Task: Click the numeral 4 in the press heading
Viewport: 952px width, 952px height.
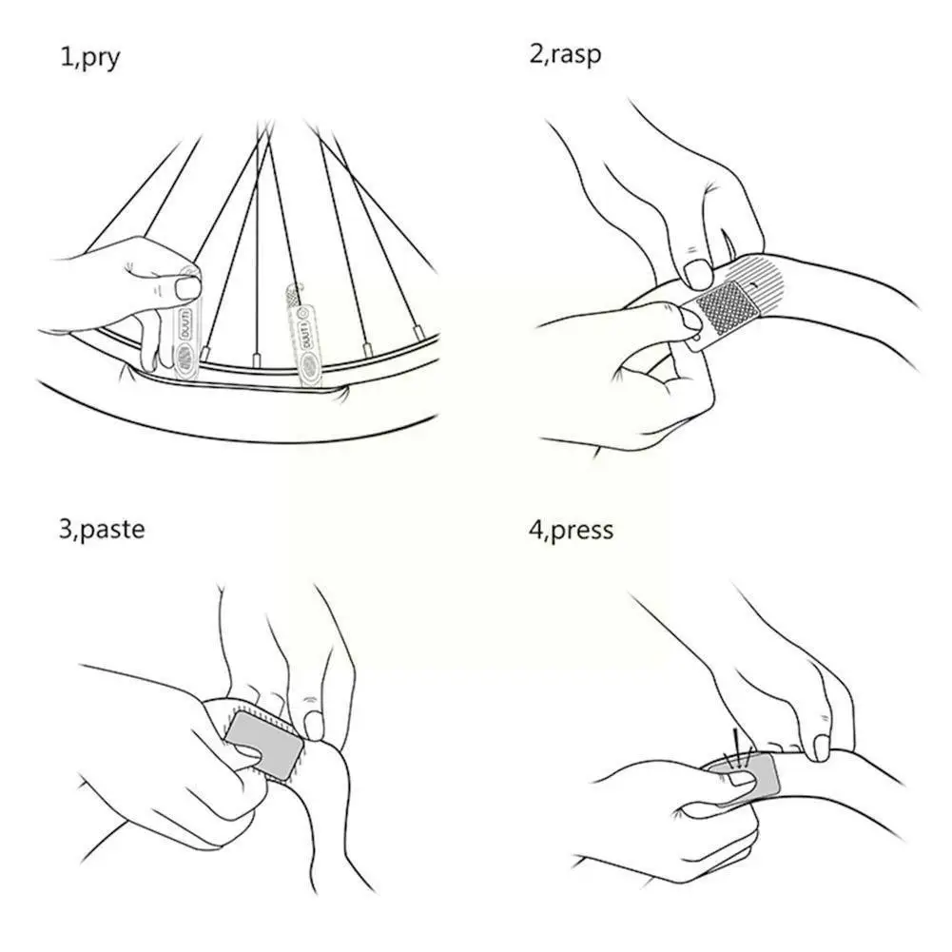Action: [x=534, y=529]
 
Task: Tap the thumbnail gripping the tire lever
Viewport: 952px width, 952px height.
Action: [x=190, y=285]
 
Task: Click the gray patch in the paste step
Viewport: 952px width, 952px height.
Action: [x=264, y=747]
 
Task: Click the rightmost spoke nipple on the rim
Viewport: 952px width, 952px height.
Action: [x=418, y=330]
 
